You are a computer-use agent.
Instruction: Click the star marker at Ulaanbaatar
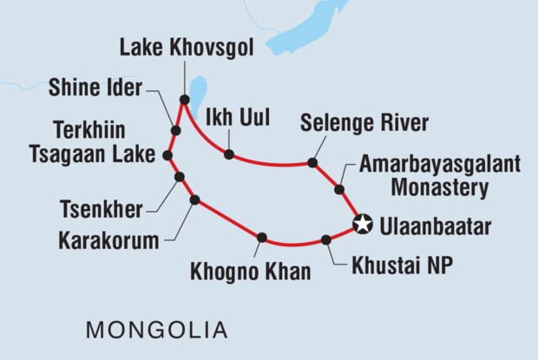click(x=364, y=225)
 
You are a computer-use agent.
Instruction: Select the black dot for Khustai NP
click(x=325, y=240)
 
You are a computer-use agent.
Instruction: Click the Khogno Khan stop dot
click(x=261, y=237)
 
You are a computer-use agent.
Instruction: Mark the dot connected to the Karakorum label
click(x=194, y=200)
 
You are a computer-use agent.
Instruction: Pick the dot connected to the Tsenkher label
click(x=180, y=177)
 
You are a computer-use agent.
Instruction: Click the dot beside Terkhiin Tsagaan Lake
click(x=167, y=156)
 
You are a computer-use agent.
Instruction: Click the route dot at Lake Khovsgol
click(x=184, y=100)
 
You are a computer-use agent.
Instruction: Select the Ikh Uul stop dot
click(x=228, y=154)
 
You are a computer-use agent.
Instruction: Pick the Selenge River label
click(x=364, y=123)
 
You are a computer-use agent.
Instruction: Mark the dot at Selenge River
click(x=312, y=162)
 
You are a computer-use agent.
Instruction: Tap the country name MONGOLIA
click(x=156, y=330)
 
